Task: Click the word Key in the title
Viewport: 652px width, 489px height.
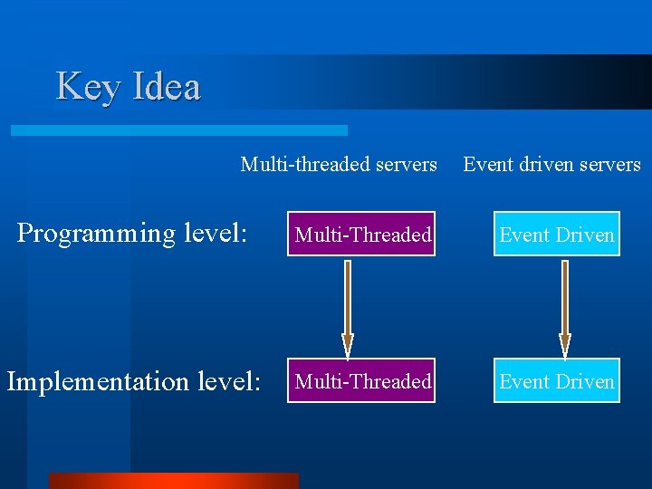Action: pyautogui.click(x=89, y=87)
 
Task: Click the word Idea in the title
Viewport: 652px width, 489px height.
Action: pyautogui.click(x=167, y=87)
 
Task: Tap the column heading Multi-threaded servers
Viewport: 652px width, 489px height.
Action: pyautogui.click(x=339, y=165)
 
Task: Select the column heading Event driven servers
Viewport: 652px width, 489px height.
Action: pyautogui.click(x=551, y=165)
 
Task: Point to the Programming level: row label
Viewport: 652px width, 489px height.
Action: pyautogui.click(x=132, y=234)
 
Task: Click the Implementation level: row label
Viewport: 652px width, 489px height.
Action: pyautogui.click(x=134, y=381)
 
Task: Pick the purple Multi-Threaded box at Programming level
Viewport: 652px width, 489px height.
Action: pyautogui.click(x=362, y=235)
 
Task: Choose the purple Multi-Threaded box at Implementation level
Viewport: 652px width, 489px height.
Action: pyautogui.click(x=362, y=381)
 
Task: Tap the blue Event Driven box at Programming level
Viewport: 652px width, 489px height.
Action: pyautogui.click(x=557, y=235)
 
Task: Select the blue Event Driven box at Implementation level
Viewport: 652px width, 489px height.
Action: pyautogui.click(x=557, y=381)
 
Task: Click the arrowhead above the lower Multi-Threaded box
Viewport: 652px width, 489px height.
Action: pyautogui.click(x=347, y=345)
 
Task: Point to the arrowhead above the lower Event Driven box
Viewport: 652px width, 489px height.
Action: pyautogui.click(x=565, y=345)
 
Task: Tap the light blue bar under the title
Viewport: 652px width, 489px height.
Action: pyautogui.click(x=179, y=130)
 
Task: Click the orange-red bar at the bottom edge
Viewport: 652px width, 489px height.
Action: pyautogui.click(x=173, y=481)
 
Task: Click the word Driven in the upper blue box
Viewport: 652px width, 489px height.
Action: pyautogui.click(x=585, y=235)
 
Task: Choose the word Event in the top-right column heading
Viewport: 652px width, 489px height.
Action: pyautogui.click(x=484, y=165)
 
